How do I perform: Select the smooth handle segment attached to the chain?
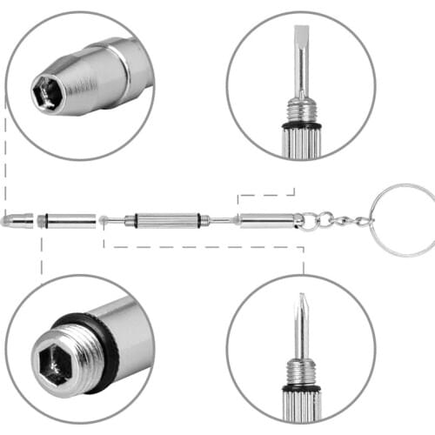(265, 220)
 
